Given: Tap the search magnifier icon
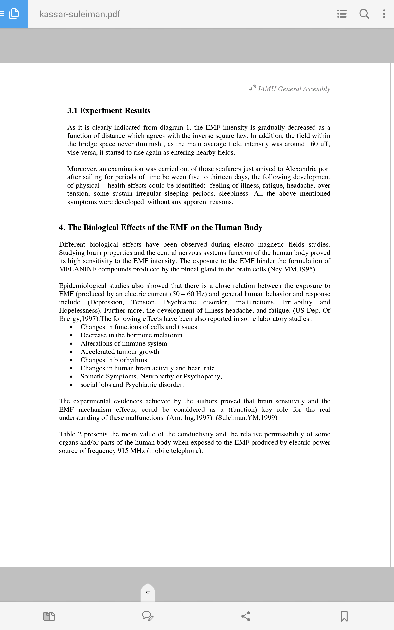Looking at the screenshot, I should pos(364,14).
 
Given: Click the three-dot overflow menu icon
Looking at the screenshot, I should pos(384,14).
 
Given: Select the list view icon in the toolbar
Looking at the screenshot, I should pos(342,14).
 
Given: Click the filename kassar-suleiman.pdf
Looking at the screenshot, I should pos(80,14).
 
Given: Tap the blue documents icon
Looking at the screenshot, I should pos(14,14).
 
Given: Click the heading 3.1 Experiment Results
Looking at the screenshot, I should pos(109,111).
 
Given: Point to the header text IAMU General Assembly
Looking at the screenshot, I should pos(294,89).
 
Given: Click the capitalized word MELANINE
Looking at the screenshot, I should pos(77,269).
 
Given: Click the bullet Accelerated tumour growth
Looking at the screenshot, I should pos(120,352).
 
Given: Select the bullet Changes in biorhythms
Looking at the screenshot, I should pos(114,360).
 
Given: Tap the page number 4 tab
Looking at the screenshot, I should pos(148,593).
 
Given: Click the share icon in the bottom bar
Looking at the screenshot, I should pos(246,616).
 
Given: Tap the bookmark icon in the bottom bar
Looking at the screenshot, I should pos(344,616).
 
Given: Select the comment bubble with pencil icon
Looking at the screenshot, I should pos(148,616).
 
